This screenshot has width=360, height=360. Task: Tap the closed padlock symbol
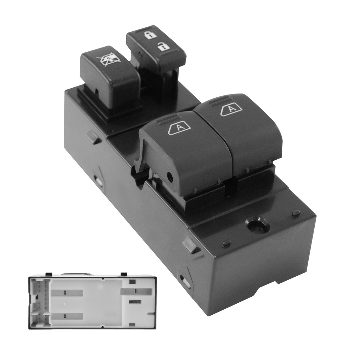pos(150,35)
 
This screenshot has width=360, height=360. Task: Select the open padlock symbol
pos(162,46)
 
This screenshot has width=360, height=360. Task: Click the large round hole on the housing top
pos(257,225)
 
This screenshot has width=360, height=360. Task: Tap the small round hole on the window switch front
pos(170,177)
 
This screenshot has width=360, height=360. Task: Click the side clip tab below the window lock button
pos(94,137)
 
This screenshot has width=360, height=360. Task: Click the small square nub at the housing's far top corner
pos(296,213)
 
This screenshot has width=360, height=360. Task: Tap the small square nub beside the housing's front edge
pos(226,243)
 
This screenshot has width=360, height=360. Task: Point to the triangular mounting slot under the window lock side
pos(98,179)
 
